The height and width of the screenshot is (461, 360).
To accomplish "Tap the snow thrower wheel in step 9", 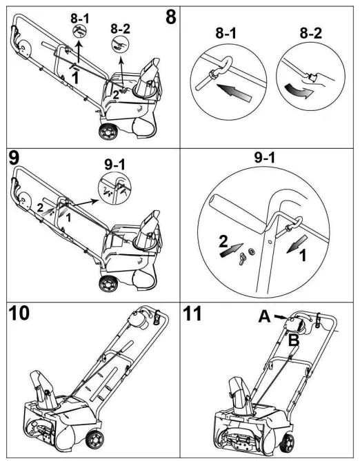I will point(107,280).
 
